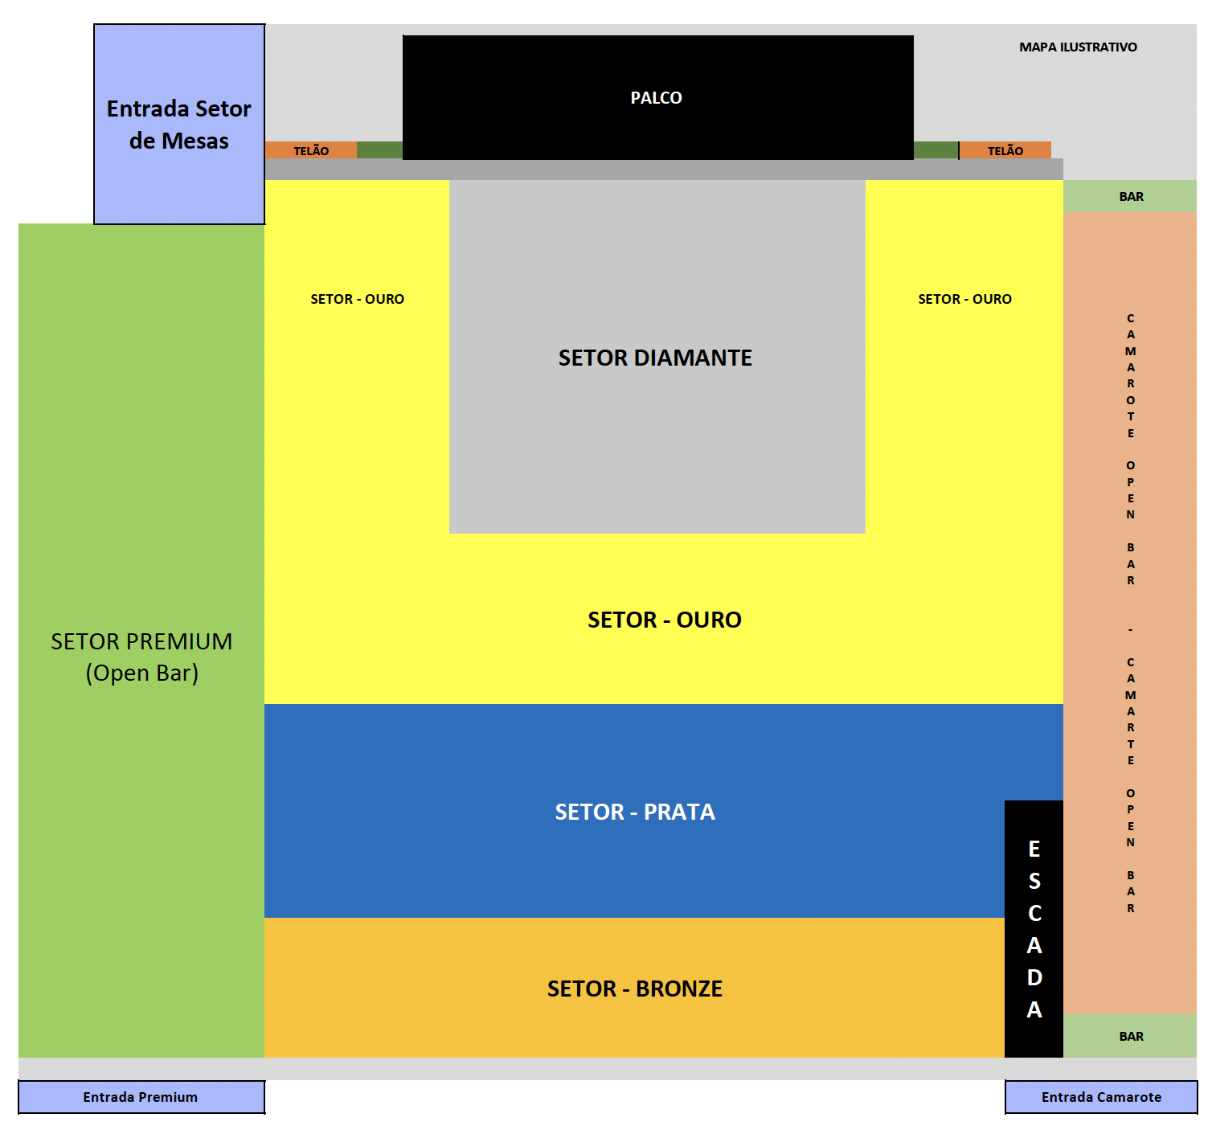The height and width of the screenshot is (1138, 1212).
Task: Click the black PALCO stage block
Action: click(657, 97)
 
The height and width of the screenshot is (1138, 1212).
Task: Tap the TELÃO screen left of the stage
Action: click(311, 150)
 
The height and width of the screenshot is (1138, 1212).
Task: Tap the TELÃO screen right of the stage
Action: click(1005, 150)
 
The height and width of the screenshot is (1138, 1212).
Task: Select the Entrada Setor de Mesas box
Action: click(179, 125)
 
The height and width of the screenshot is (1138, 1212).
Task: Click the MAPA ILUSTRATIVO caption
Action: click(1078, 47)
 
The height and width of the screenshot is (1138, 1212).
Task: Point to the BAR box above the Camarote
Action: click(1130, 196)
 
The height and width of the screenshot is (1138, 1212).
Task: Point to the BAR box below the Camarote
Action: click(1130, 1036)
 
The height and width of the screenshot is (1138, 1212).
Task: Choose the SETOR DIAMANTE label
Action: click(655, 358)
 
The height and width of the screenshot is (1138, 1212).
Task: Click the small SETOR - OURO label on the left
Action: click(357, 299)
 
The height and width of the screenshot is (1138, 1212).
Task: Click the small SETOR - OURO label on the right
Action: click(964, 299)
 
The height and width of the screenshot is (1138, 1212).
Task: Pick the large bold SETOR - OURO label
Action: click(664, 620)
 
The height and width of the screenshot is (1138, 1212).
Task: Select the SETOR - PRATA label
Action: click(635, 812)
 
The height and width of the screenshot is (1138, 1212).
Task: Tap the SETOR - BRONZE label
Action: click(635, 989)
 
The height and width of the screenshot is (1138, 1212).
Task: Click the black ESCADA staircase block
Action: click(1034, 929)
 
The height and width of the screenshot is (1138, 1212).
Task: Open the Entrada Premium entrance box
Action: click(141, 1097)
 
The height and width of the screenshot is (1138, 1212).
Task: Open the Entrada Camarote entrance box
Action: click(1101, 1097)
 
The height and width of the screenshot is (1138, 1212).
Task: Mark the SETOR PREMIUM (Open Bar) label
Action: click(141, 657)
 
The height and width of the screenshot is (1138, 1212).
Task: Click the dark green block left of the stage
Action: click(379, 150)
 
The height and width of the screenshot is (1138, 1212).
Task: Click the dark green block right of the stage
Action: click(936, 150)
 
